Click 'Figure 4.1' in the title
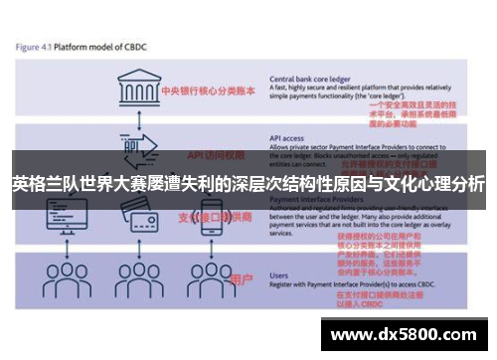(x=37, y=46)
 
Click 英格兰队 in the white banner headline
(x=41, y=184)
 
